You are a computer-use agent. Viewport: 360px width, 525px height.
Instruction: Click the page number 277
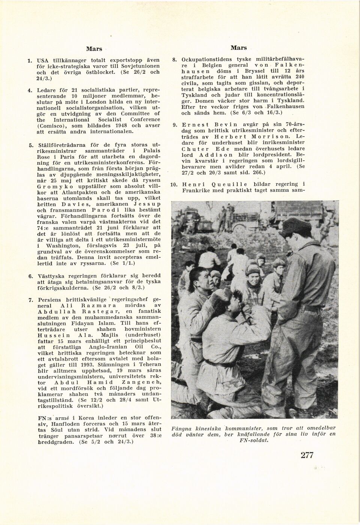(x=307, y=455)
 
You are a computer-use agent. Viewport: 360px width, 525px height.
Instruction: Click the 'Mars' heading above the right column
(x=238, y=48)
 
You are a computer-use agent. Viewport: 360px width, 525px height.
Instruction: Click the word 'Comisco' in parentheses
(x=51, y=126)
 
